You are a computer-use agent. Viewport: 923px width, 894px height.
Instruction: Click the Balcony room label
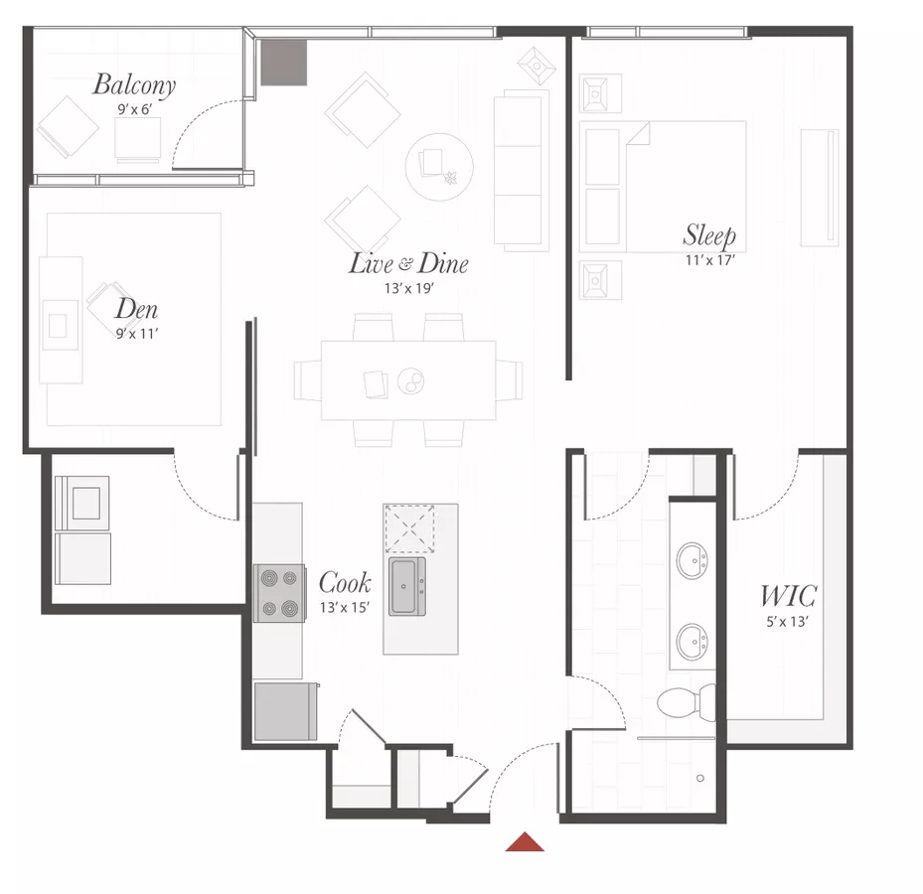pyautogui.click(x=134, y=84)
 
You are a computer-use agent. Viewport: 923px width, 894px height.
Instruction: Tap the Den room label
pyautogui.click(x=136, y=308)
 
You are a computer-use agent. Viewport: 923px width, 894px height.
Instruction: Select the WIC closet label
pyautogui.click(x=788, y=596)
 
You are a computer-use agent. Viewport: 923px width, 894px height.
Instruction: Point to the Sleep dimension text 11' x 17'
pyautogui.click(x=710, y=259)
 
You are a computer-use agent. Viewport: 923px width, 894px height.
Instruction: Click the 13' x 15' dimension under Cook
pyautogui.click(x=345, y=607)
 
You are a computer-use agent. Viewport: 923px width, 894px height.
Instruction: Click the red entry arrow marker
pyautogui.click(x=525, y=841)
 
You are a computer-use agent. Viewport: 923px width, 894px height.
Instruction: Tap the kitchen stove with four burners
pyautogui.click(x=279, y=593)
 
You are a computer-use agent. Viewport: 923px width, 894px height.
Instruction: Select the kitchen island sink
pyautogui.click(x=406, y=587)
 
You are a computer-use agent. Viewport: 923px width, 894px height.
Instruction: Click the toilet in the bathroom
pyautogui.click(x=687, y=702)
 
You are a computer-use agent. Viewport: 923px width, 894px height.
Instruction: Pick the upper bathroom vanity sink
pyautogui.click(x=692, y=561)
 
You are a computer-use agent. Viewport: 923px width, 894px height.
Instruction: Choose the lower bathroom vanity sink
pyautogui.click(x=692, y=642)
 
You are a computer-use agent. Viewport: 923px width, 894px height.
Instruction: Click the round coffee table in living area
pyautogui.click(x=439, y=167)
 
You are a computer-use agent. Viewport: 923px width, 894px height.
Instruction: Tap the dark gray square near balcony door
pyautogui.click(x=284, y=63)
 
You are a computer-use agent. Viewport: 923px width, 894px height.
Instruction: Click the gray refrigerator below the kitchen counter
pyautogui.click(x=285, y=711)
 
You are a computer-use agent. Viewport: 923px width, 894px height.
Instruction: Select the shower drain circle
pyautogui.click(x=699, y=778)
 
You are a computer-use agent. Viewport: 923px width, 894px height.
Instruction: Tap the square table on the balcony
pyautogui.click(x=138, y=138)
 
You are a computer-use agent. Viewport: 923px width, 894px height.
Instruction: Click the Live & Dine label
pyautogui.click(x=409, y=263)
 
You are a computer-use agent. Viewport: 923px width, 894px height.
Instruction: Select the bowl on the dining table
pyautogui.click(x=411, y=380)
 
